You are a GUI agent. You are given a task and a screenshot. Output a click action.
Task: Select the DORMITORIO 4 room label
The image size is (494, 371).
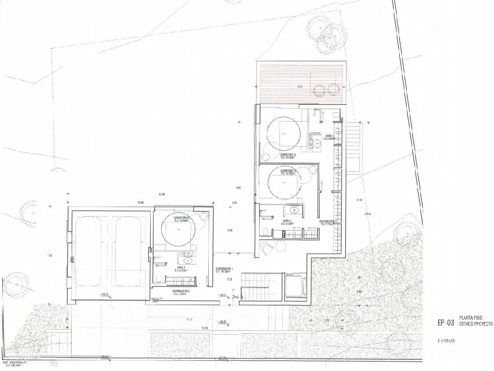point(287,155)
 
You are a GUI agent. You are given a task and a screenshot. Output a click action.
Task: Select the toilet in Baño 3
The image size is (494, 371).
point(266,229)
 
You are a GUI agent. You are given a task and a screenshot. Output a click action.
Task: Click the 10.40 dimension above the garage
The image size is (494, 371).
point(141,202)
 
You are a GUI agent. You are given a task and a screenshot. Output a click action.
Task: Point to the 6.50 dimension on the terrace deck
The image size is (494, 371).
point(300,86)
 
